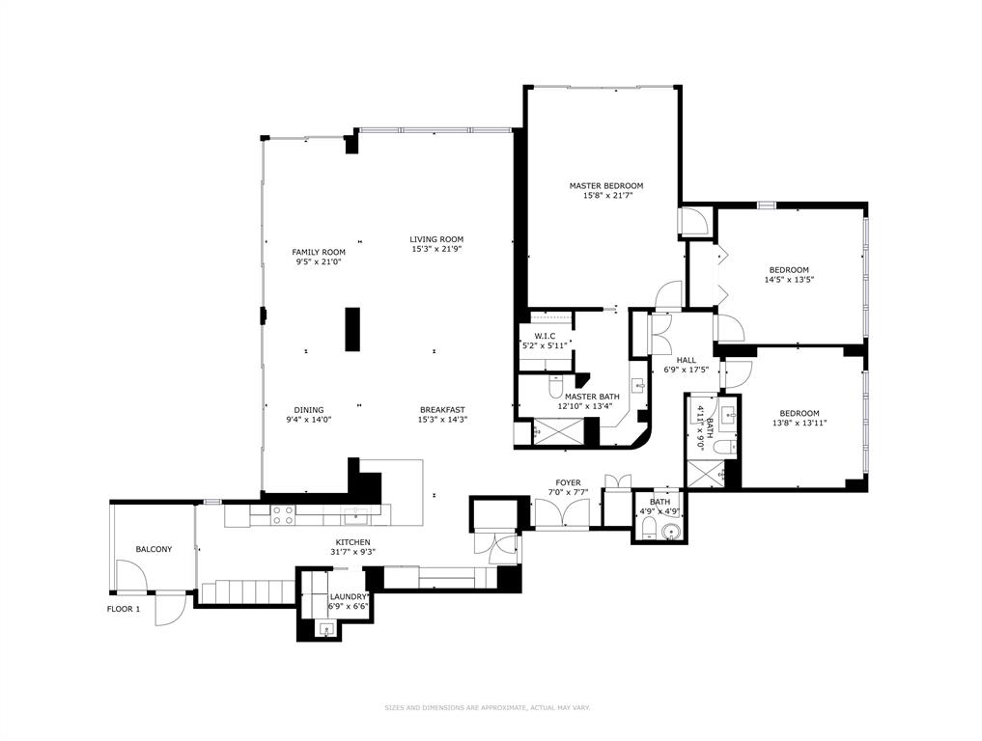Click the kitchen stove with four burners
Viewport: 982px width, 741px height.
283,515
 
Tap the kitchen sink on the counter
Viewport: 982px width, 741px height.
355,515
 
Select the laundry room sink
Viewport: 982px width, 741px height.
327,630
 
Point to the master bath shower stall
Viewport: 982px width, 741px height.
557,431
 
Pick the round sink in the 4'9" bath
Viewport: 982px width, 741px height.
673,531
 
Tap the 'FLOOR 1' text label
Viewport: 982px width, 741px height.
123,609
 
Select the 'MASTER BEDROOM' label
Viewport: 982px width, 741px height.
605,185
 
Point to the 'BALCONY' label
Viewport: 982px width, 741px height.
154,549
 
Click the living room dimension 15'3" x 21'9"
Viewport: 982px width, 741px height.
436,250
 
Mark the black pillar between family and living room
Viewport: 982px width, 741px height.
352,330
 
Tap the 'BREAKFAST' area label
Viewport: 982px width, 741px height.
442,409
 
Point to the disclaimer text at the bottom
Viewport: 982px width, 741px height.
488,707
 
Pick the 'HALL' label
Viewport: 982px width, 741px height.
686,360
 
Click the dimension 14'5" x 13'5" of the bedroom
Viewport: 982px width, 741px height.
789,280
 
